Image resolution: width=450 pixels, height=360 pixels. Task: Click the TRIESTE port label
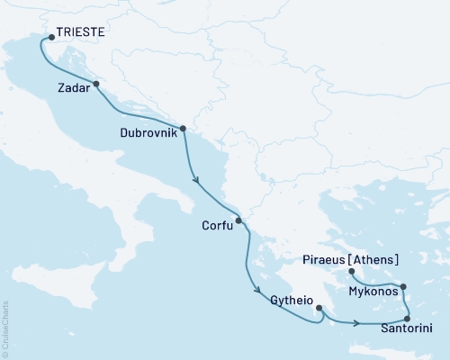(x=79, y=31)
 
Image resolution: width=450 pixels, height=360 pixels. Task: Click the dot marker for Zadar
(x=95, y=85)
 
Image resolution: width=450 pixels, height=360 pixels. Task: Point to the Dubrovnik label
(x=148, y=132)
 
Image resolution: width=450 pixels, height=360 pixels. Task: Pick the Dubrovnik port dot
(x=183, y=128)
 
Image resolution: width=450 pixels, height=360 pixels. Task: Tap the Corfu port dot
(x=238, y=220)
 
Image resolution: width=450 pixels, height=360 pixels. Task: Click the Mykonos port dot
(x=403, y=287)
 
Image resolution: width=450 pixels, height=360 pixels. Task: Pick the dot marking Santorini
(x=408, y=319)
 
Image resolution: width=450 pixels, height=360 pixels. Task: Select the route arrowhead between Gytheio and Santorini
(x=358, y=323)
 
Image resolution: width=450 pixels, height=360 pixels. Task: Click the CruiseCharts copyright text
(x=5, y=329)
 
